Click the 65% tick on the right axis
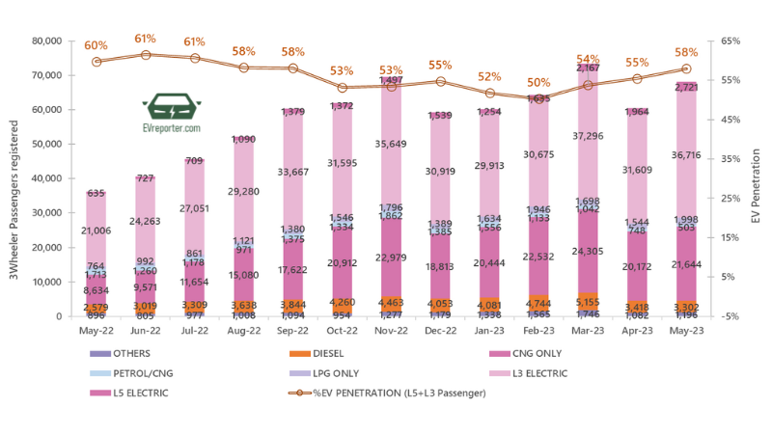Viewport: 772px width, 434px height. pos(731,41)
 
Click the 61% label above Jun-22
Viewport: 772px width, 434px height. pos(146,40)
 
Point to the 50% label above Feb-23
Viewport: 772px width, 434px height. pos(539,83)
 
